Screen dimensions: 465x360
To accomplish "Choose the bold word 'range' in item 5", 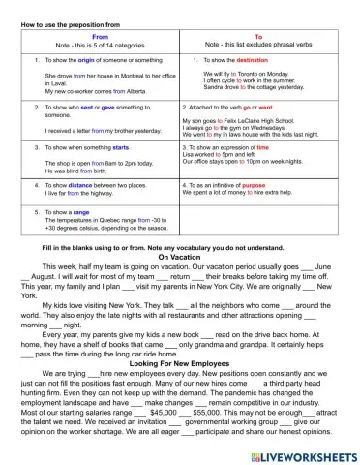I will point(81,211).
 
